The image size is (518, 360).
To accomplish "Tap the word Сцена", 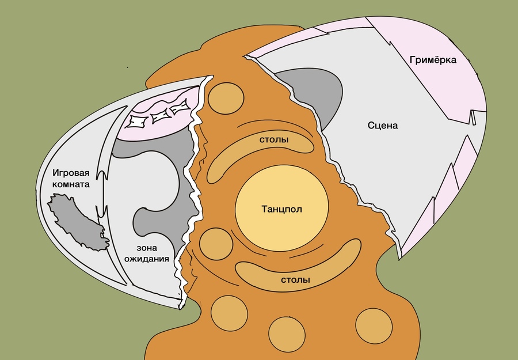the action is [x=383, y=126].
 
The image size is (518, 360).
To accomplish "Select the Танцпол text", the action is [x=282, y=209].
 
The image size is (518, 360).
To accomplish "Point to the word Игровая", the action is [x=71, y=173].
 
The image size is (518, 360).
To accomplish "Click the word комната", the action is [x=71, y=184].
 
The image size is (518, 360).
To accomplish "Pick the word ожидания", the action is [x=147, y=259].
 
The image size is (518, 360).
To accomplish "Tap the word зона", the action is [x=147, y=248].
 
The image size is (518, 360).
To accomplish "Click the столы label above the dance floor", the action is [x=274, y=140].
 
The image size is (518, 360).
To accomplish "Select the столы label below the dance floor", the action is [x=295, y=280].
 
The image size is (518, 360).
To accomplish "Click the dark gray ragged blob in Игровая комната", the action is [x=78, y=222].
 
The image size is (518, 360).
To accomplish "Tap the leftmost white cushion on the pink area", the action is [x=138, y=121].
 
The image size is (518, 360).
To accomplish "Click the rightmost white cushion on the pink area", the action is [x=180, y=107].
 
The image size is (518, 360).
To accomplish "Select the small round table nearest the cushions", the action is [x=226, y=98].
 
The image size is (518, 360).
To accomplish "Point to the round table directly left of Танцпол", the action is [x=216, y=244].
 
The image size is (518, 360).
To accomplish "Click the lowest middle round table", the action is [x=287, y=335].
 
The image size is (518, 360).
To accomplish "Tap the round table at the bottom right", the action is [x=374, y=327].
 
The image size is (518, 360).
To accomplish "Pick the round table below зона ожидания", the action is [x=229, y=313].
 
